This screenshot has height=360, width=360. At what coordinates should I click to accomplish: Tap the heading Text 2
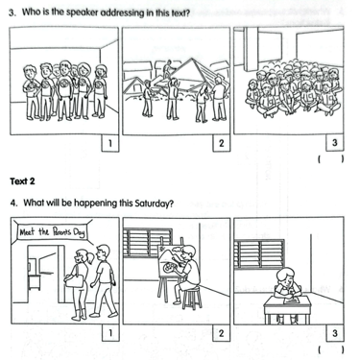(x=22, y=181)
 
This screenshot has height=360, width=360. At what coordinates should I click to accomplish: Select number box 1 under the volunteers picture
(x=109, y=143)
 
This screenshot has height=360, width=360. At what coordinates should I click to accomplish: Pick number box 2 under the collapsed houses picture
(x=222, y=143)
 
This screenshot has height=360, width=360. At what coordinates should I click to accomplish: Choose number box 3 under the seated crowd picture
(x=335, y=143)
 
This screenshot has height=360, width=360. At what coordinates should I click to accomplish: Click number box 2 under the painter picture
(x=222, y=333)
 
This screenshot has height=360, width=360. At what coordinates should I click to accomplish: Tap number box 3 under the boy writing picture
(x=335, y=333)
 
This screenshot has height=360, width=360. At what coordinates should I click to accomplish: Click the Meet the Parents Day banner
(x=52, y=231)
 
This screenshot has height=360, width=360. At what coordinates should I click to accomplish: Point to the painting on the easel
(x=170, y=262)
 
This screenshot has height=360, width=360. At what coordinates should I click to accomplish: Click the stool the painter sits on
(x=192, y=298)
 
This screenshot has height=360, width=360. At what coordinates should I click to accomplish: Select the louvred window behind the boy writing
(x=259, y=254)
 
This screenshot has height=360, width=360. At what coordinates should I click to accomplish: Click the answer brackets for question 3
(x=331, y=158)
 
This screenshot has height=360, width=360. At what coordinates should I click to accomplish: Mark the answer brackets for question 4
(x=331, y=349)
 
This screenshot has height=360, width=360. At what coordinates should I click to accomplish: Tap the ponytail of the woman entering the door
(x=90, y=257)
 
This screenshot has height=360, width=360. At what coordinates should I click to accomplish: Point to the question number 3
(x=12, y=13)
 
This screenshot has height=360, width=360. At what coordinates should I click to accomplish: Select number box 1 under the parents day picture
(x=109, y=333)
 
